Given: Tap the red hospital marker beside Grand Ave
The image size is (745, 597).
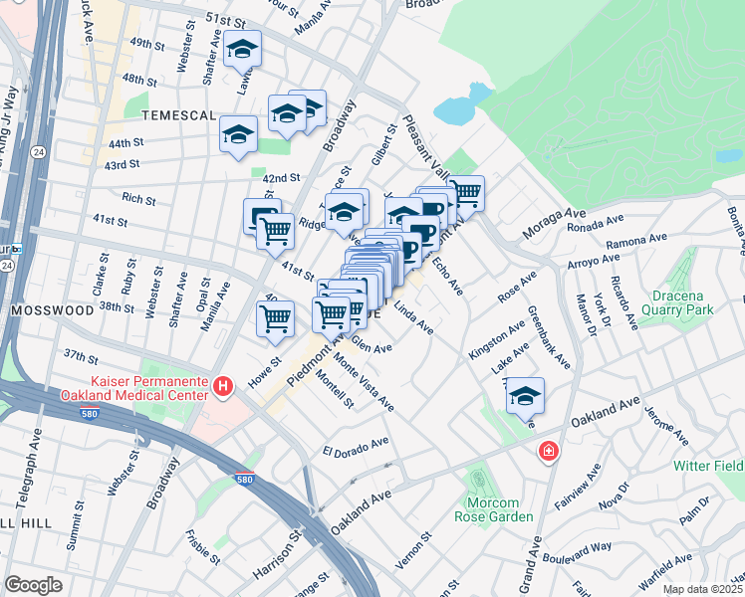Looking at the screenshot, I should click(548, 454).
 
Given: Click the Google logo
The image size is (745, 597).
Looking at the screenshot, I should click(33, 585).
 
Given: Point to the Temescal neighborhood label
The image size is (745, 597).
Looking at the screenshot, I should click(178, 115).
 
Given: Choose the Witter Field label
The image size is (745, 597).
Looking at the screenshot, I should click(707, 466).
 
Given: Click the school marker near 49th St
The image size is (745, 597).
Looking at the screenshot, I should click(241, 50).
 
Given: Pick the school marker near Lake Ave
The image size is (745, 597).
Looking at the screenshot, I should click(525, 396).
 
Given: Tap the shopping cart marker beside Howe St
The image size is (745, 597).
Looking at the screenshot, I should click(275, 318).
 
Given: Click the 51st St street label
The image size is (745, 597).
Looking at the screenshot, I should click(224, 21).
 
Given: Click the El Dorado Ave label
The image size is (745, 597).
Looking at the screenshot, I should click(355, 446).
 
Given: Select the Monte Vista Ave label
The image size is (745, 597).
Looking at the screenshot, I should click(363, 382).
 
